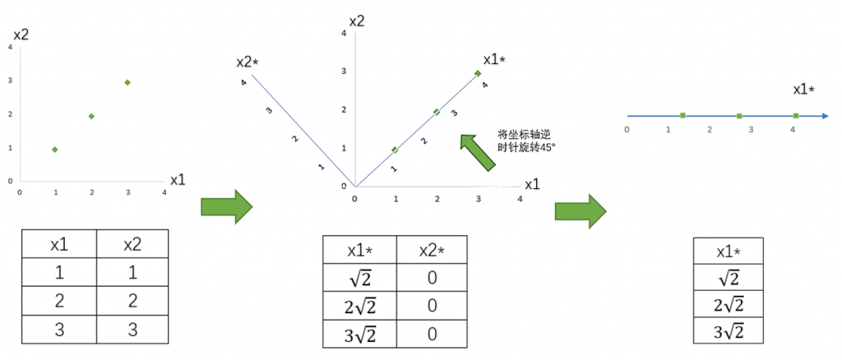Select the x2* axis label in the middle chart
coord(248,62)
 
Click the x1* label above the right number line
coord(808,89)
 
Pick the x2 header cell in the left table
coord(132,244)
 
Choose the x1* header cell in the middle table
coord(360,250)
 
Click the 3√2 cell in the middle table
coord(360,335)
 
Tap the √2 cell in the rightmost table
coord(729,277)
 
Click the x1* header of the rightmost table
coord(729,251)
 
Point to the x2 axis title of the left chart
coord(22,35)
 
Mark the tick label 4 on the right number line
coord(793,129)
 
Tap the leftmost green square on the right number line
coord(682,116)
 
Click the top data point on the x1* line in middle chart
coord(478,73)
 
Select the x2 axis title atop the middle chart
coord(356,20)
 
